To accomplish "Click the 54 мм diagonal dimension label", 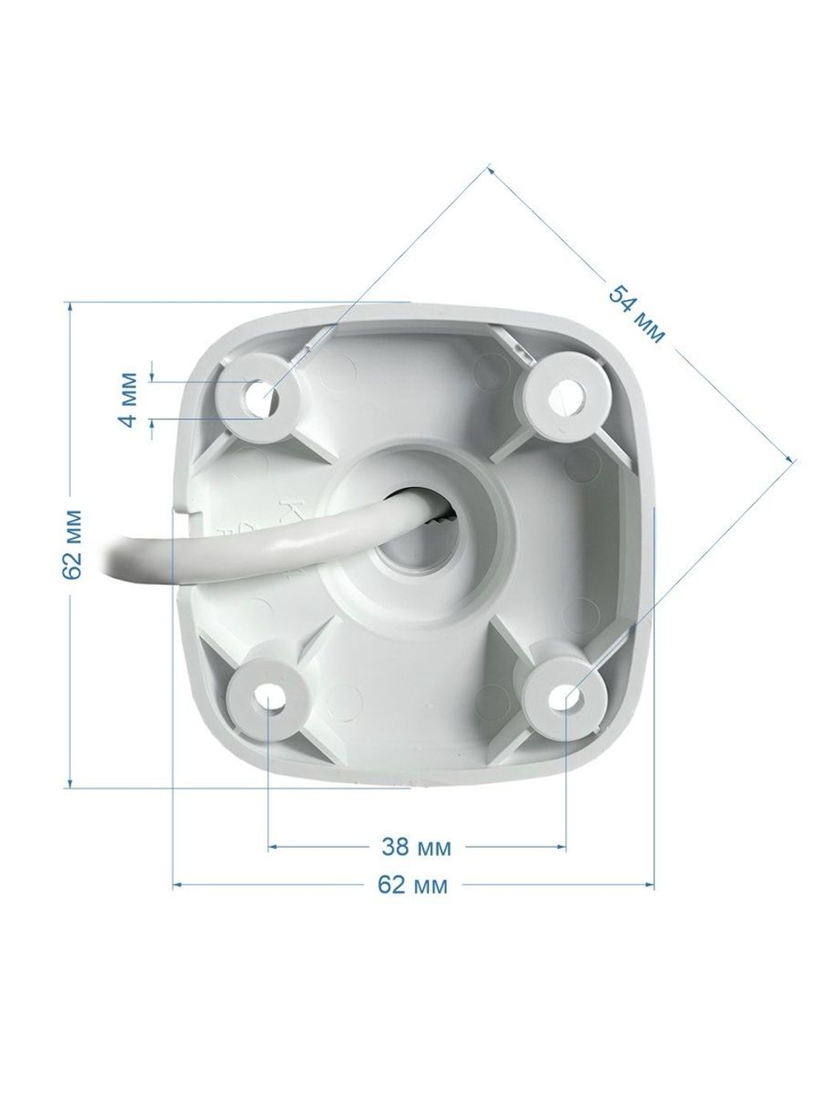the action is click(x=636, y=315).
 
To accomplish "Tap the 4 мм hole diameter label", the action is click(x=129, y=400).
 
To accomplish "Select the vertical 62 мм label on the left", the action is click(x=71, y=544).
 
